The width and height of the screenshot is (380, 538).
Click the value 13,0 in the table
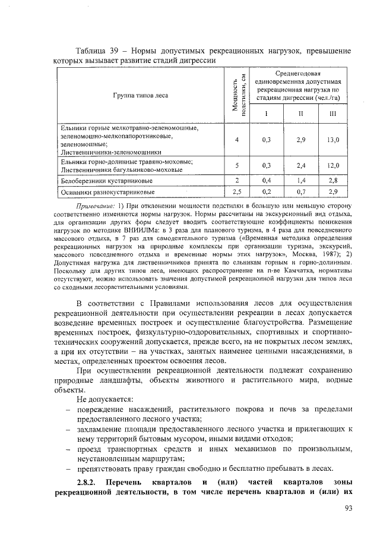[333, 140]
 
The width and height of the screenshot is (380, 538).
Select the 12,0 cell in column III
[333, 165]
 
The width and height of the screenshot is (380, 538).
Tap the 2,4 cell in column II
[301, 165]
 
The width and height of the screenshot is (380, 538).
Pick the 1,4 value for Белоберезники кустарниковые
[301, 180]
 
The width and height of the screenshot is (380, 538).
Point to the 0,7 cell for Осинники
[301, 192]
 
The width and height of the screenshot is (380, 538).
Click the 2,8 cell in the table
[333, 180]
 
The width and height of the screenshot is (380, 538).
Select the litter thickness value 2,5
[236, 192]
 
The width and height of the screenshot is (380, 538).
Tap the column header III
[333, 114]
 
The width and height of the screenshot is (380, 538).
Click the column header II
[301, 114]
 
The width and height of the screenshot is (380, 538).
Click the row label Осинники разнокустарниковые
[107, 192]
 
